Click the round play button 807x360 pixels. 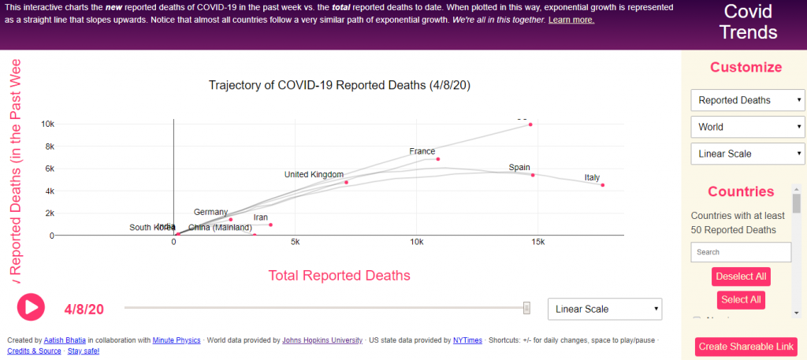31,306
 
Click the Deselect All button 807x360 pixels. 741,276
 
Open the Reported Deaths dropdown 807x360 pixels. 747,100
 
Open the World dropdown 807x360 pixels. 747,127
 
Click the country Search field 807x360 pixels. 741,252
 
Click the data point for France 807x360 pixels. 438,159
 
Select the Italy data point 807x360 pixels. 603,185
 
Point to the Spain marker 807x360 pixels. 533,175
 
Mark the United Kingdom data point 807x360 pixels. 346,182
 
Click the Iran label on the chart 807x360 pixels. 261,217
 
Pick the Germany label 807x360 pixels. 211,212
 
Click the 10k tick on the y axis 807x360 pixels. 48,124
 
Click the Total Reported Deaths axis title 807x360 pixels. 340,276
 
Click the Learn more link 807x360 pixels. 571,20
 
